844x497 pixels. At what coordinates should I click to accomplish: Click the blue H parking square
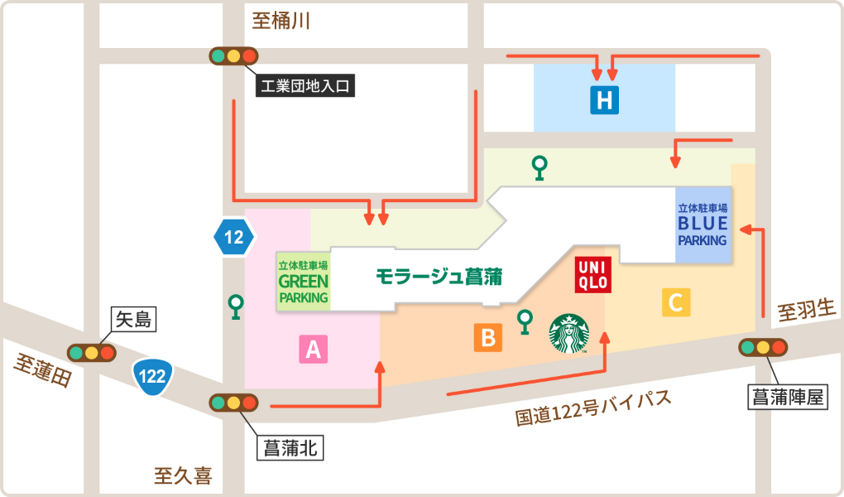pos(605,100)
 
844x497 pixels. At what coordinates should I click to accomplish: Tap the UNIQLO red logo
pos(592,274)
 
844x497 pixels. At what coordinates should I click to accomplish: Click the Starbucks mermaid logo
pos(568,334)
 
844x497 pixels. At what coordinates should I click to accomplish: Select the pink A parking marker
pos(313,350)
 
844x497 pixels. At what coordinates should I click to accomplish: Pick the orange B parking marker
pos(487,337)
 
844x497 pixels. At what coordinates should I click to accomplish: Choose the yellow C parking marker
pos(676,302)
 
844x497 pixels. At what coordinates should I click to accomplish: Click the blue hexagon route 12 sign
pos(234,239)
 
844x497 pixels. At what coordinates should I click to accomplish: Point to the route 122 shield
pos(153,376)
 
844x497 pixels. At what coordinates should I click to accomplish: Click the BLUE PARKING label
pos(703,225)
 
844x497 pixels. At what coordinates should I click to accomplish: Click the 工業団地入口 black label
pos(306,85)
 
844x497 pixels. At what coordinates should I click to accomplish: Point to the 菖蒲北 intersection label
pos(290,448)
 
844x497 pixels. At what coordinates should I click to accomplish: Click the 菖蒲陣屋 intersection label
pos(787,397)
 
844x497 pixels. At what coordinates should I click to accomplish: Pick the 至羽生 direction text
pos(808,311)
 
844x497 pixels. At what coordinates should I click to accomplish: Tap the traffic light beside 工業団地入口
pos(234,56)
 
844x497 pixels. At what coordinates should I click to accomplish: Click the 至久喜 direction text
pos(183,475)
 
